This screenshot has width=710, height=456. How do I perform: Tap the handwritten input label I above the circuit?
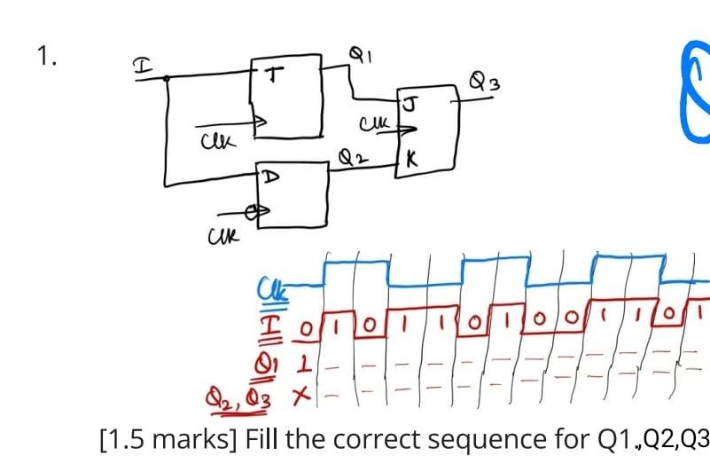pos(140,65)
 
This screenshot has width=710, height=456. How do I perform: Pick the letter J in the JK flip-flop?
pos(409,103)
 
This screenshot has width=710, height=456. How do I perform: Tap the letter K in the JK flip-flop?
pos(411,161)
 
